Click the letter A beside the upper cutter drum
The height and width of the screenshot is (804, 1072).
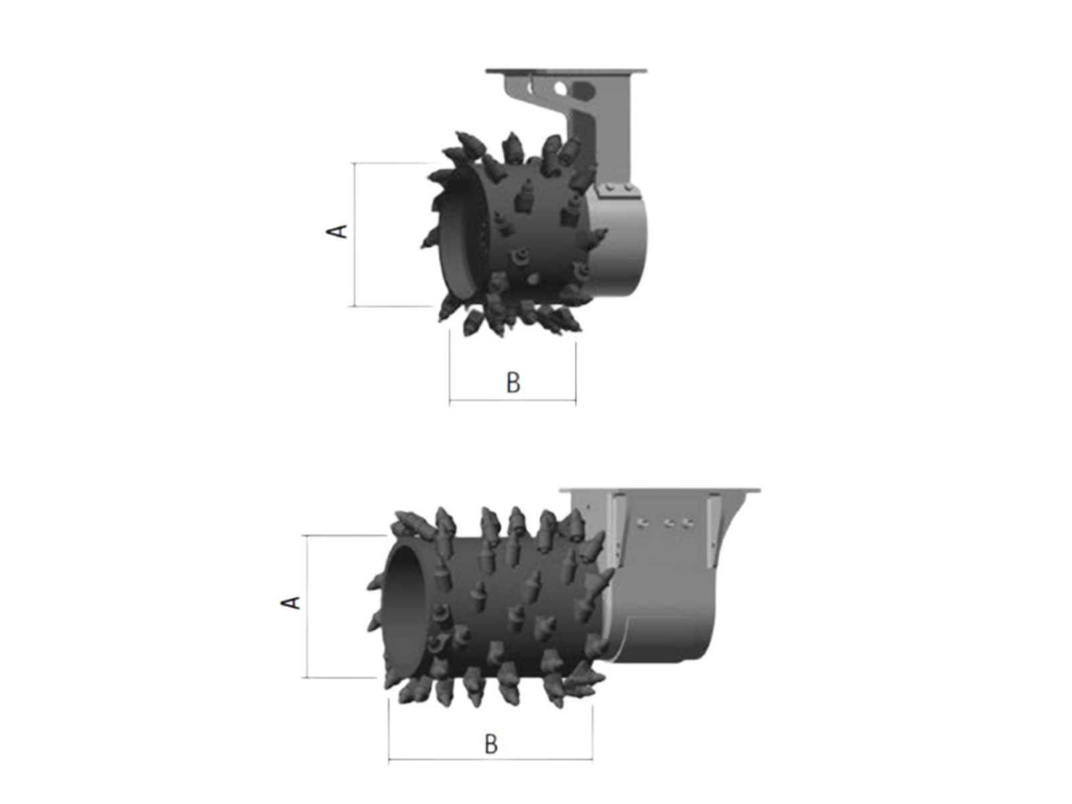pos(336,231)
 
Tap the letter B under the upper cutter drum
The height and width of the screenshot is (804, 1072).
pos(513,383)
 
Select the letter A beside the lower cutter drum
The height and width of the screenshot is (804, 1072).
pos(290,602)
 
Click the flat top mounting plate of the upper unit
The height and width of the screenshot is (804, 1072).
pos(565,71)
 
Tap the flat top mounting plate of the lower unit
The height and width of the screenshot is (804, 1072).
pos(660,490)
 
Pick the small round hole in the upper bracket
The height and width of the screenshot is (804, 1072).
pos(560,88)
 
